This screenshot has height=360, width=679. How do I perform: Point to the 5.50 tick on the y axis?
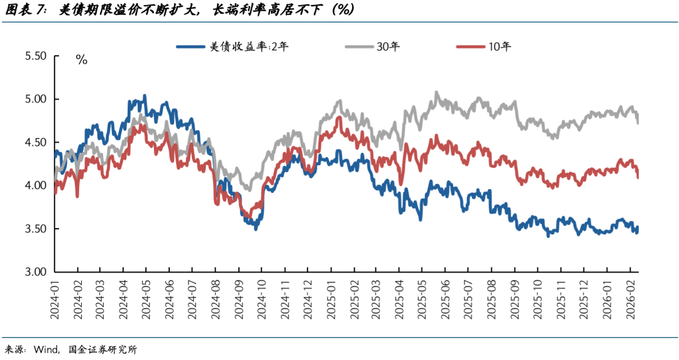point(35,56)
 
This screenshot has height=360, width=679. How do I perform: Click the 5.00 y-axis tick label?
point(35,99)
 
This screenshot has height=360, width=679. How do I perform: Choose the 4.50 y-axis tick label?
point(35,143)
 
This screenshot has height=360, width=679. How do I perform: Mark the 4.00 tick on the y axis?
point(35,186)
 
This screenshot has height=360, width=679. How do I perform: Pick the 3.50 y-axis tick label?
point(35,229)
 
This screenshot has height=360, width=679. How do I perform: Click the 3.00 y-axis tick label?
point(35,272)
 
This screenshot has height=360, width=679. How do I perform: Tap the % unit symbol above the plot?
point(81,60)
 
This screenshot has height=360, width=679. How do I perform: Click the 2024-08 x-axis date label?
point(215,295)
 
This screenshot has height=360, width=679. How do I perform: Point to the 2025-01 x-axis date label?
point(331,295)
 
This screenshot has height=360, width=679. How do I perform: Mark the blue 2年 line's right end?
point(637,230)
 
